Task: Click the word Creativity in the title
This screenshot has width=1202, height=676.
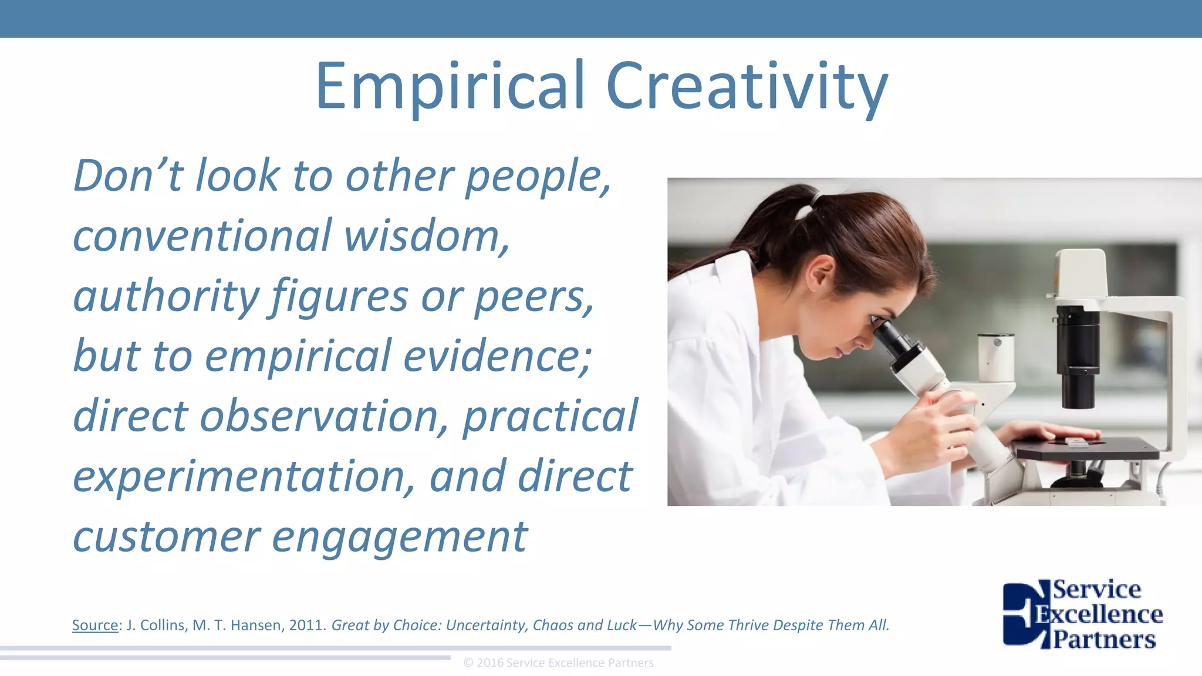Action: click(747, 88)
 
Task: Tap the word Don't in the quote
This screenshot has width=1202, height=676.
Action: click(128, 175)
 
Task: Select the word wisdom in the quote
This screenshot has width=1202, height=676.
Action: click(426, 236)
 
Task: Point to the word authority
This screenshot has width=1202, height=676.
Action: click(166, 296)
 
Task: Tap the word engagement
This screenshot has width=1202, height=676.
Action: click(400, 537)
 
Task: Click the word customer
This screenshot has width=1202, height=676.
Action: click(167, 537)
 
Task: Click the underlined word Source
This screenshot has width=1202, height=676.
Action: click(95, 626)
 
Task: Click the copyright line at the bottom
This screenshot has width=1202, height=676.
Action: click(558, 663)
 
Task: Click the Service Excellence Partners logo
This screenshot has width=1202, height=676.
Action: click(1083, 614)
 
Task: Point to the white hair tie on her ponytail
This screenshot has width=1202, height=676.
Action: click(815, 199)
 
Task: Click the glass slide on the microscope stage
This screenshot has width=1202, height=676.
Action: click(1076, 442)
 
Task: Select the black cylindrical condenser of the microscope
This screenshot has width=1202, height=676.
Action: click(1078, 358)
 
